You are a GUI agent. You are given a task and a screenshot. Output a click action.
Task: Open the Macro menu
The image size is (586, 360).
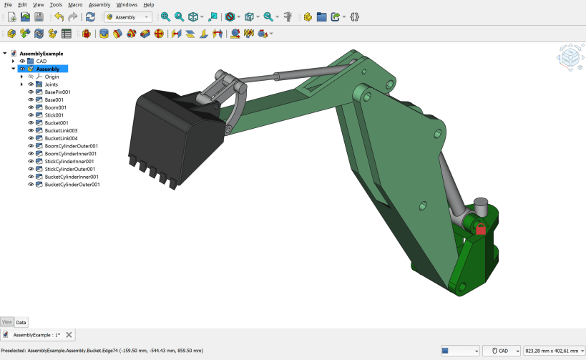tap(75, 4)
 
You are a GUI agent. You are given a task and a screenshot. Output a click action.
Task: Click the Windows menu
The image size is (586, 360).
tap(127, 4)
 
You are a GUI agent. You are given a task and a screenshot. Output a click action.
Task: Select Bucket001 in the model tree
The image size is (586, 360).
tap(57, 123)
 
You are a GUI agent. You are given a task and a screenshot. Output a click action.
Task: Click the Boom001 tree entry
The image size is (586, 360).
tap(55, 107)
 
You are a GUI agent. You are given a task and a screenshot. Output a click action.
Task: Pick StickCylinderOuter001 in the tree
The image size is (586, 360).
tap(70, 169)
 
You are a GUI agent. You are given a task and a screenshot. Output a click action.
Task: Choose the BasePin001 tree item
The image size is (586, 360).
tap(57, 92)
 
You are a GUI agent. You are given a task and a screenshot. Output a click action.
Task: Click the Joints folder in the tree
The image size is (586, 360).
tap(52, 84)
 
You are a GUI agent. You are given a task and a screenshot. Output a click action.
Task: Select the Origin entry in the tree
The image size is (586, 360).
tap(52, 77)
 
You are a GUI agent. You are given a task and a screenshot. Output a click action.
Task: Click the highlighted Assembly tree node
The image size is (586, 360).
tap(48, 69)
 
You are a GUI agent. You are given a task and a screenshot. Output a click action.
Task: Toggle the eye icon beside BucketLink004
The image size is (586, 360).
tap(31, 138)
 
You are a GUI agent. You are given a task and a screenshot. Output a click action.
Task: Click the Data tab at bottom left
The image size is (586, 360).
tap(21, 322)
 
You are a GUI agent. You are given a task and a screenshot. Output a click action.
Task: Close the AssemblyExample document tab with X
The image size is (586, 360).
tap(69, 335)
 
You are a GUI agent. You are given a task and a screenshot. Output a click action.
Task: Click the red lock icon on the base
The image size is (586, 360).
tap(481, 228)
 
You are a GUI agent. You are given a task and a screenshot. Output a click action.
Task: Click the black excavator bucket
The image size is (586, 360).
tap(168, 132)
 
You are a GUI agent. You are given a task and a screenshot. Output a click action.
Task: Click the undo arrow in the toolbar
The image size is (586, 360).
tap(58, 16)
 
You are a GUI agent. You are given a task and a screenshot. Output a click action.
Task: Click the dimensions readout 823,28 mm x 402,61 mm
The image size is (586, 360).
tap(552, 351)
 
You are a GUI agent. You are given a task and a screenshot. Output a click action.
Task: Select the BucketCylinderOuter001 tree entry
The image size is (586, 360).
tap(72, 185)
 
